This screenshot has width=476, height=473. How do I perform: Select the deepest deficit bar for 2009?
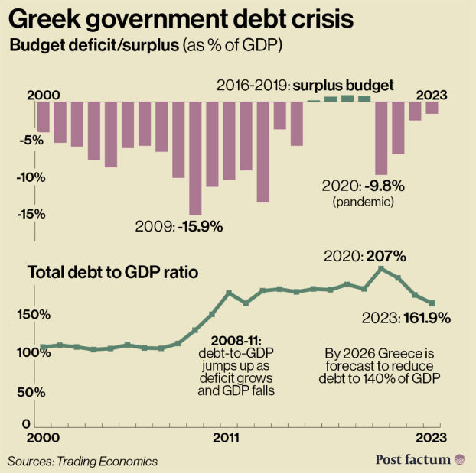(x=195, y=158)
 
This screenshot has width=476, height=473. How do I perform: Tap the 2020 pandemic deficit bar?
(x=381, y=138)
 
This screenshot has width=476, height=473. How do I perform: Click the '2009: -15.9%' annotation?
(x=178, y=226)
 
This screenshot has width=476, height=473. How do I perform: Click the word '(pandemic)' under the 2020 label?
(x=363, y=202)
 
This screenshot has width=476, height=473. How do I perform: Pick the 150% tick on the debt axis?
(x=34, y=315)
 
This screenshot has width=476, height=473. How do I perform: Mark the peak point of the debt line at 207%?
(x=381, y=268)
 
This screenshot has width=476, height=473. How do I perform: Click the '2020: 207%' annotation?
(x=364, y=256)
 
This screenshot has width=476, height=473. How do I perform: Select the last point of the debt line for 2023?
(x=432, y=303)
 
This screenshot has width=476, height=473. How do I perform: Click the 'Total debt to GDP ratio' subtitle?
(x=114, y=272)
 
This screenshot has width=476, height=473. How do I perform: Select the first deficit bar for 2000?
(x=44, y=117)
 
